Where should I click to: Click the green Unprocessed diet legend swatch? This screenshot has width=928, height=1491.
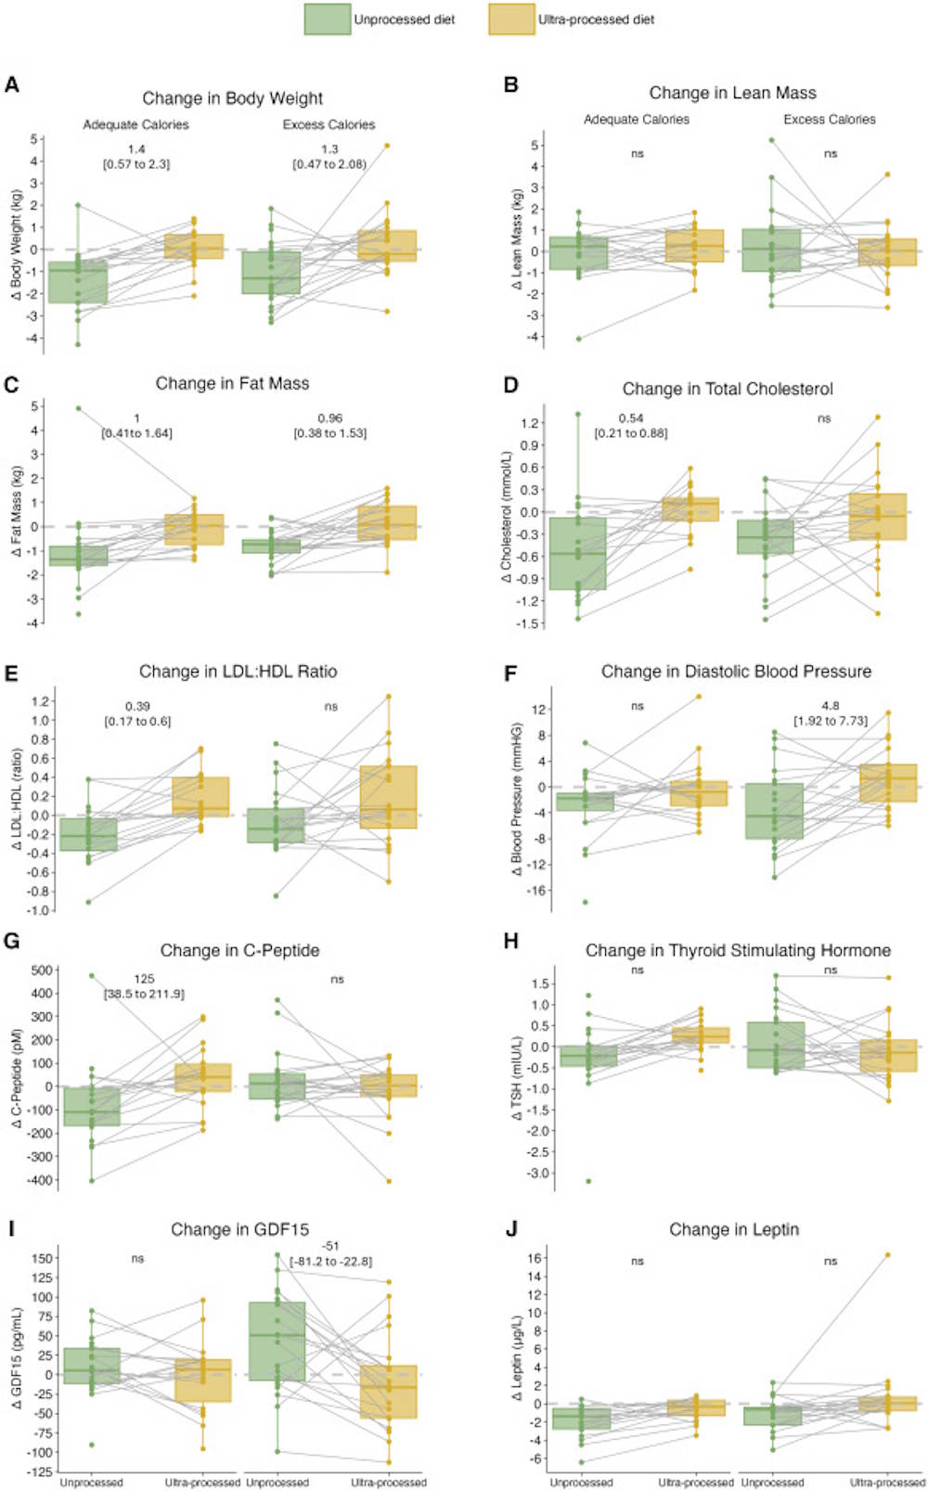[x=327, y=19]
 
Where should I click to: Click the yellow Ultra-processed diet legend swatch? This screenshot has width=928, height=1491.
[x=511, y=19]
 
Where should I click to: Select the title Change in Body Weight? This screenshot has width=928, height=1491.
[x=232, y=98]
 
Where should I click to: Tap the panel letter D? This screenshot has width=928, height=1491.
[x=510, y=385]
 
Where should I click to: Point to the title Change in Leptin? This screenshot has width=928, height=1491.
[x=734, y=1229]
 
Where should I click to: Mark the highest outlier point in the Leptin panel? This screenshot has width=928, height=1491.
[x=888, y=1254]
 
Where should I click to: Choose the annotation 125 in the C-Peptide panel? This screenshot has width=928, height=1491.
[x=144, y=979]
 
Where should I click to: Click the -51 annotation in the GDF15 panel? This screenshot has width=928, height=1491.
[x=330, y=1246]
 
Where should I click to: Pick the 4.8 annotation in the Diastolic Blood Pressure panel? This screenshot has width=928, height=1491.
[x=830, y=706]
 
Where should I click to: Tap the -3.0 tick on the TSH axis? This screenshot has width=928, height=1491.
[x=533, y=1173]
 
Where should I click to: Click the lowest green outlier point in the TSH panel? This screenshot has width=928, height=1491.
[x=588, y=1181]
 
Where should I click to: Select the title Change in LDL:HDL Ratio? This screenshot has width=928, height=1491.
[x=238, y=672]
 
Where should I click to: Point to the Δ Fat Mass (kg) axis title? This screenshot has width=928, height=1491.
[x=17, y=511]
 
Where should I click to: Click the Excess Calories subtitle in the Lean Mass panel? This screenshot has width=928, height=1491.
[x=829, y=120]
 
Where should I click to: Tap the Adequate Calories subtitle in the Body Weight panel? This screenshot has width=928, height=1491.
[x=135, y=124]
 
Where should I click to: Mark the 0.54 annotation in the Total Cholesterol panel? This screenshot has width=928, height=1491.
[x=631, y=418]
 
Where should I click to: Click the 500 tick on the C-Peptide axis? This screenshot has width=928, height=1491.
[x=42, y=970]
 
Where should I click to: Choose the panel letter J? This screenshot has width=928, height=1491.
[x=510, y=1229]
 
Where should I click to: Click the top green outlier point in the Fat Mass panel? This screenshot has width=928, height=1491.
[x=79, y=407]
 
